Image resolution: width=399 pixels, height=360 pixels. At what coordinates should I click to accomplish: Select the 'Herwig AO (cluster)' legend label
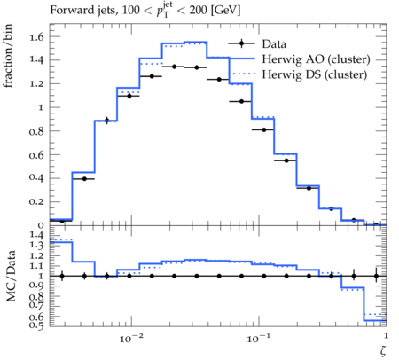tap(316, 59)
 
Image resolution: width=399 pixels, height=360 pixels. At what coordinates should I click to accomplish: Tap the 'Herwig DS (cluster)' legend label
tap(315, 74)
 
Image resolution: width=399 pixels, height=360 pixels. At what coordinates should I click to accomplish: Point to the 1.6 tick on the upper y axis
tap(36, 36)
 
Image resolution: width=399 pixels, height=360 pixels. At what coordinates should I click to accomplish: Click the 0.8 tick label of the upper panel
tap(36, 131)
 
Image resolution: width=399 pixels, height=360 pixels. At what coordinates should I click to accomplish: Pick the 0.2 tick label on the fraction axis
tap(36, 202)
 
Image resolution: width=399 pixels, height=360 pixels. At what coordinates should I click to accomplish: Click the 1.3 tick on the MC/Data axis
tap(36, 246)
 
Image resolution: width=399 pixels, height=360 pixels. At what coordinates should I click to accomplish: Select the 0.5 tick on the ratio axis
tap(36, 325)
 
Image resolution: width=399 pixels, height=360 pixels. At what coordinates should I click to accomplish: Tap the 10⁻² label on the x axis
tap(131, 338)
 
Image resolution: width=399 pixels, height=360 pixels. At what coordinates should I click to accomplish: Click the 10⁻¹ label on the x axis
tap(258, 338)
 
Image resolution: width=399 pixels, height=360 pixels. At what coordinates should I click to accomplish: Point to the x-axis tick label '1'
tap(386, 336)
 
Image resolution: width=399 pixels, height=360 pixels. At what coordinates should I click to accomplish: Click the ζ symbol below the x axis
tap(383, 350)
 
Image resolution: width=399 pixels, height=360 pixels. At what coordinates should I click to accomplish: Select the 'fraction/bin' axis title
tap(8, 56)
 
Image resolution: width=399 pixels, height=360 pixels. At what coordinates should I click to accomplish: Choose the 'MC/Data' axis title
tap(11, 276)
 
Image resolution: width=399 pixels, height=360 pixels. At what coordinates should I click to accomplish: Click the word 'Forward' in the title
tap(68, 10)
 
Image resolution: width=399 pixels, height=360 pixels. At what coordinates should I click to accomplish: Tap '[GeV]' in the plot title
tap(226, 11)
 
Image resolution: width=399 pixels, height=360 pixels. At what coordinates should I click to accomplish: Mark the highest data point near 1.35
tap(175, 67)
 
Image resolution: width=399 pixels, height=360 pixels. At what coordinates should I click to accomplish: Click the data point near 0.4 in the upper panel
tap(84, 179)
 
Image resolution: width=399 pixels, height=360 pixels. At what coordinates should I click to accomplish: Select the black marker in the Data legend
tap(241, 43)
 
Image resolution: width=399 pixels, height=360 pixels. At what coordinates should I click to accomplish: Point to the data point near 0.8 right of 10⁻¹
tap(264, 129)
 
